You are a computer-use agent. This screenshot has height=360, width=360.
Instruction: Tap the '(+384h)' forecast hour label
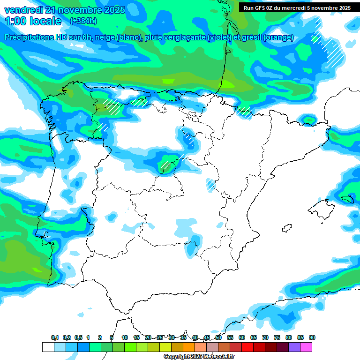(x=83, y=21)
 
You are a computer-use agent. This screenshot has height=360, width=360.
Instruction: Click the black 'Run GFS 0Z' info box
(x=297, y=7)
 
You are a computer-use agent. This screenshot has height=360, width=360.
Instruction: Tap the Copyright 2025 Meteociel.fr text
(x=199, y=357)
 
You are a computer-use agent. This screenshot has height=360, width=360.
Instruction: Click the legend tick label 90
(x=312, y=338)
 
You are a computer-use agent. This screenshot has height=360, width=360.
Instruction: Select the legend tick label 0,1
(x=55, y=338)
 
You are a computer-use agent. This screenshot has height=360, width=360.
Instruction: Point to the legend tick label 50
(x=218, y=338)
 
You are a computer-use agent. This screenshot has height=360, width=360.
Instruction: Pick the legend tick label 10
(x=125, y=338)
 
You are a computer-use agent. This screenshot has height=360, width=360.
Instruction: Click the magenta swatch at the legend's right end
(x=306, y=347)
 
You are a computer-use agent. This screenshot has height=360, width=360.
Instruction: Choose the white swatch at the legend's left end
(x=48, y=347)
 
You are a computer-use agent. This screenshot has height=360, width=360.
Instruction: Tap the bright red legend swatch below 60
(x=247, y=347)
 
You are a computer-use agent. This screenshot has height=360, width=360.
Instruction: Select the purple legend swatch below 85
(x=294, y=347)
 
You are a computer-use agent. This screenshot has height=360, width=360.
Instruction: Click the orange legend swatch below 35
(x=189, y=347)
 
